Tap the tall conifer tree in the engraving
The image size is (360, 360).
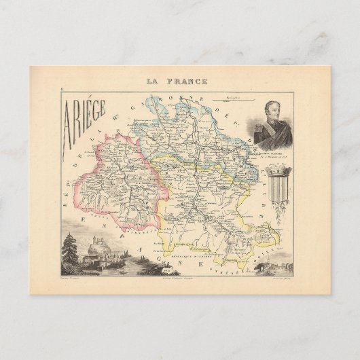pos(68,248)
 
